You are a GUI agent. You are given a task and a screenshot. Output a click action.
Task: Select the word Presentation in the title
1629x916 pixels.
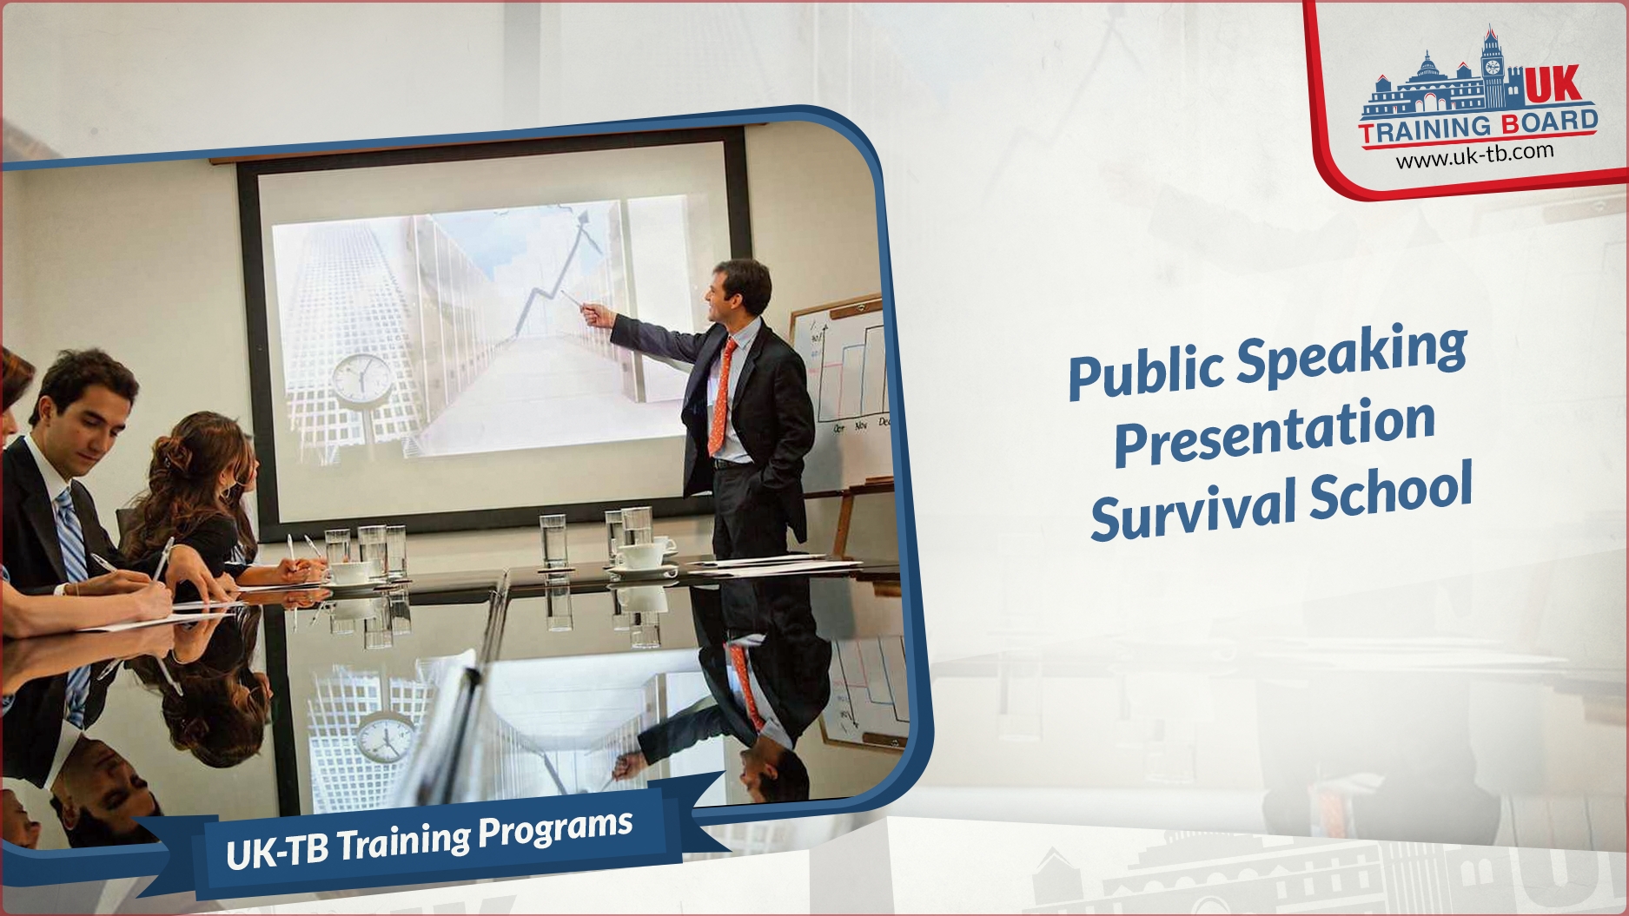[x=1275, y=431]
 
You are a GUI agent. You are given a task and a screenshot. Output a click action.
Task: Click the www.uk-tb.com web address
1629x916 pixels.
[x=1474, y=155]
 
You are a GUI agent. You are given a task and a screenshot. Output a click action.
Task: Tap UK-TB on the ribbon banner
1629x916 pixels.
[x=277, y=851]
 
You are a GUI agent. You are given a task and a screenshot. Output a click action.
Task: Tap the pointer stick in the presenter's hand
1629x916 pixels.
[x=573, y=301]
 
